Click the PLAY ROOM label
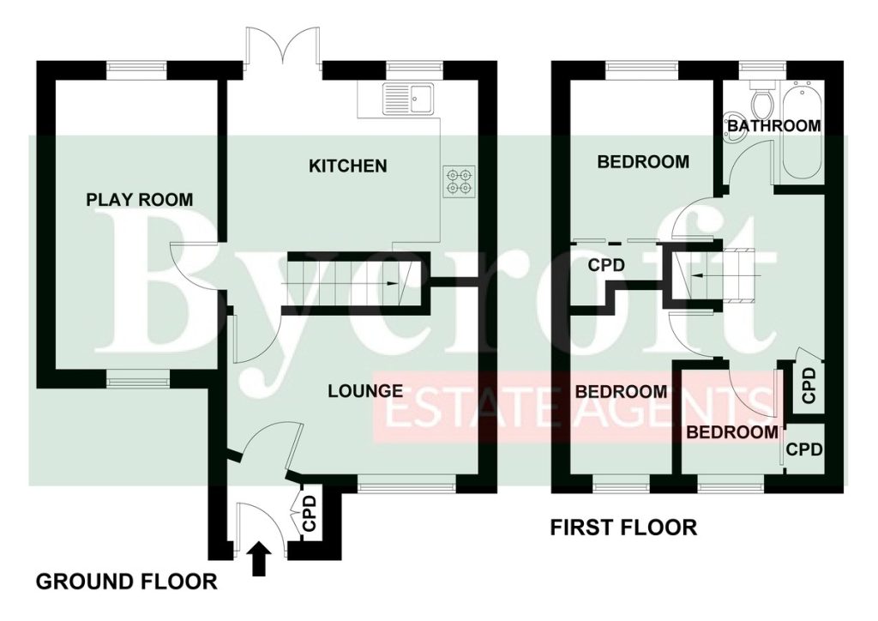coord(140,199)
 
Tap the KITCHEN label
coord(348,166)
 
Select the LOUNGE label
coord(365,391)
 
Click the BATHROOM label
coord(774,125)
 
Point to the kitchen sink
coord(408,99)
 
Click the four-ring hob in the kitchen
coord(460,182)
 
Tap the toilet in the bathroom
coord(761,99)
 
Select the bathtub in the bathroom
coord(802,130)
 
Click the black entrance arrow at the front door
coord(259,558)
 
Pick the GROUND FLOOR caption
coord(127,582)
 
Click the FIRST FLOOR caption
coord(624,528)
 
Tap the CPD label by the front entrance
coord(309,513)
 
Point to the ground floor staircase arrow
coord(340,285)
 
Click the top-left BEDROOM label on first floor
coord(643,162)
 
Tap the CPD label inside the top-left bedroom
coord(606,265)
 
